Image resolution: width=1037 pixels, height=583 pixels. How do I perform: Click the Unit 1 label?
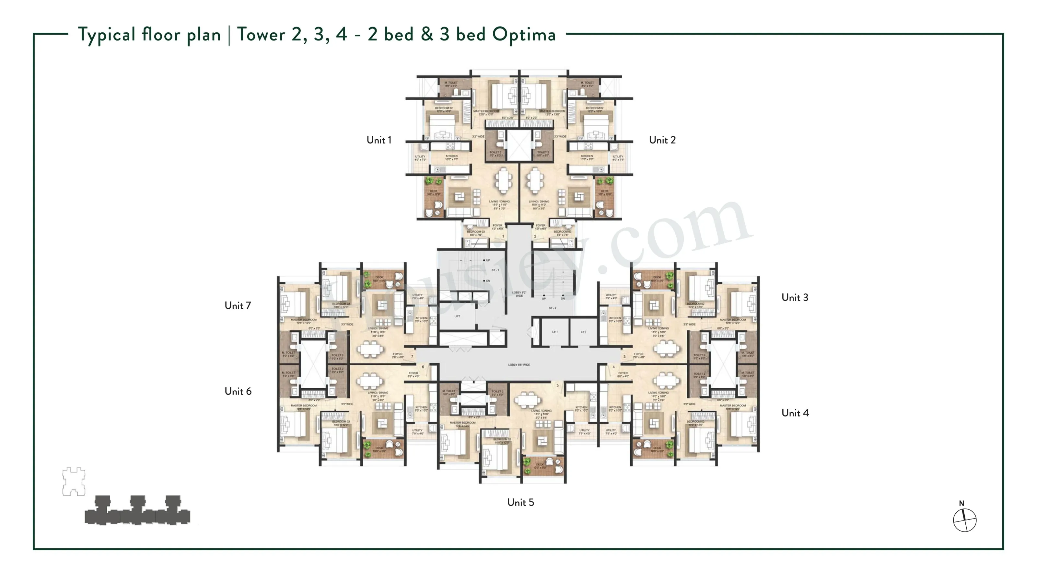379,140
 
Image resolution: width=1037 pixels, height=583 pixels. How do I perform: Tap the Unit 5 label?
520,502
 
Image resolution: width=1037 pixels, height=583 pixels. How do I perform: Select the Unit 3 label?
794,297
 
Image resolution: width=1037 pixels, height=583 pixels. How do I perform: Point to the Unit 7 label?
238,305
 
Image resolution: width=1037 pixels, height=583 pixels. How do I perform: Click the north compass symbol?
964,520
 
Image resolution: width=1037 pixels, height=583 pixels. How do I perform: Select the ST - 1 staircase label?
495,270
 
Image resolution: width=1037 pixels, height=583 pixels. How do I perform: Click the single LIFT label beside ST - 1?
457,316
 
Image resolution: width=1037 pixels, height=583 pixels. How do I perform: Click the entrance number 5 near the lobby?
557,385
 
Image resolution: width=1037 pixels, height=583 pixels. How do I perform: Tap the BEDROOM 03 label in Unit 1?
475,232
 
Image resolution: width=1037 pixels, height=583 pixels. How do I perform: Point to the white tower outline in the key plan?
74,481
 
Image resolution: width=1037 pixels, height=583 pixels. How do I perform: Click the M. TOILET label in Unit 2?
587,83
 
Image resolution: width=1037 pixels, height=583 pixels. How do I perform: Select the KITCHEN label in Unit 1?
451,156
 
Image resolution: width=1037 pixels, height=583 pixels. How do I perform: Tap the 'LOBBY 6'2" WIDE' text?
519,294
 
